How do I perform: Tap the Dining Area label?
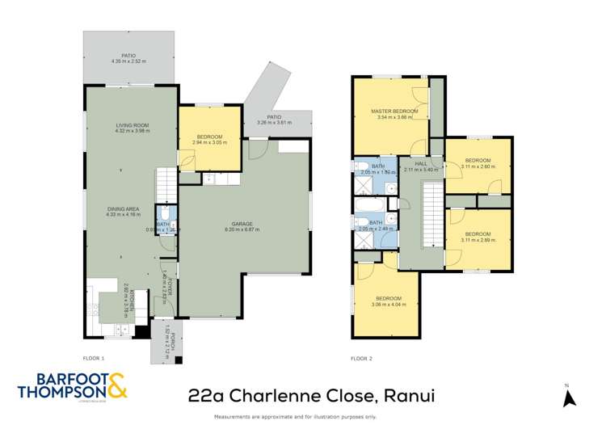[x=124, y=209]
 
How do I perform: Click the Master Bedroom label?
[x=393, y=111]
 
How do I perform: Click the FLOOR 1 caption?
[x=94, y=357]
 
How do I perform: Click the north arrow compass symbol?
[x=568, y=398]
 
